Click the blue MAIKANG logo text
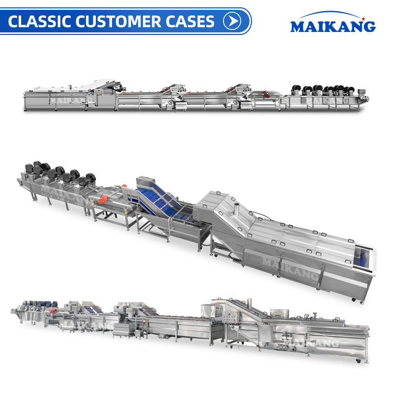(333, 27)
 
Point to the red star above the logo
(363, 19)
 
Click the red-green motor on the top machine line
(267, 94)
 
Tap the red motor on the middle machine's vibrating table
(103, 200)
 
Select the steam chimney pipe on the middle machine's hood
(236, 209)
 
